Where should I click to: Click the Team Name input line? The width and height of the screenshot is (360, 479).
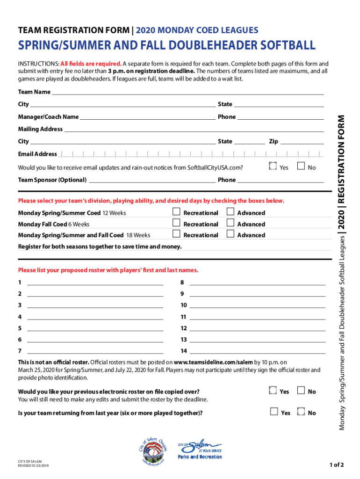187,92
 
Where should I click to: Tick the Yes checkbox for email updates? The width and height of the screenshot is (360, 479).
273,166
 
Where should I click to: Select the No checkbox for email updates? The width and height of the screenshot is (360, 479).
301,166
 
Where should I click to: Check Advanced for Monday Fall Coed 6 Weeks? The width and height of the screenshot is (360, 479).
230,223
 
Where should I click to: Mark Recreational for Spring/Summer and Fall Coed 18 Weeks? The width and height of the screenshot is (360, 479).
176,234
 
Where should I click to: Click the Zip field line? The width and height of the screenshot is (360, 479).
302,141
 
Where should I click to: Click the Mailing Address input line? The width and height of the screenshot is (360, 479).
194,129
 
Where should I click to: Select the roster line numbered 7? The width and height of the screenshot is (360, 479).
95,351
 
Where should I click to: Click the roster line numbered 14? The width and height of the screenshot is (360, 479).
257,351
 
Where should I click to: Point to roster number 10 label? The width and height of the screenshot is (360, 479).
184,305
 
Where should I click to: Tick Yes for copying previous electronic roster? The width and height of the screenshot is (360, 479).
273,391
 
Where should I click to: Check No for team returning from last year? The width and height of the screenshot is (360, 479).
301,412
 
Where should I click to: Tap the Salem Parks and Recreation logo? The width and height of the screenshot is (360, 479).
200,450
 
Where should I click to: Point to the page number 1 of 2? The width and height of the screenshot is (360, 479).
337,464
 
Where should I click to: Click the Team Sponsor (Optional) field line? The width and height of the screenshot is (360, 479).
152,180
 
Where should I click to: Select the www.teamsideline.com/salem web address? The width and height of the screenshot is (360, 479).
213,362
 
